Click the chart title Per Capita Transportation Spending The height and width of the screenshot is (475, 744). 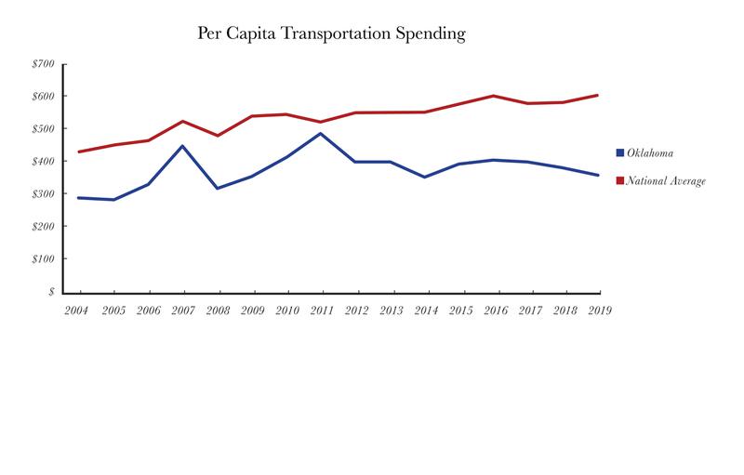(330, 34)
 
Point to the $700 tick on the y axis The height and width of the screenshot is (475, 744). (44, 64)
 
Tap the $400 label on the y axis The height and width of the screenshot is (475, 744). (44, 162)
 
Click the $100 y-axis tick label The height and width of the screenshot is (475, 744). (44, 259)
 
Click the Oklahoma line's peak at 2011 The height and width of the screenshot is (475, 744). (321, 133)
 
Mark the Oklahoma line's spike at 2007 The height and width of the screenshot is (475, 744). (182, 146)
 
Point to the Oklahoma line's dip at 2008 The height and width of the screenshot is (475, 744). (217, 189)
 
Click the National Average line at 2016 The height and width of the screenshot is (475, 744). (494, 96)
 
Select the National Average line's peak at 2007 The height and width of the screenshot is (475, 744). (182, 121)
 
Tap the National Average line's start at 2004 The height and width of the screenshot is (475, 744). (79, 152)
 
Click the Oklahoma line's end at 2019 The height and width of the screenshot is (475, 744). (598, 175)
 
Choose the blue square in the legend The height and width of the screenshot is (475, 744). (620, 152)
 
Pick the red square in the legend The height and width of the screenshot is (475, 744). (620, 181)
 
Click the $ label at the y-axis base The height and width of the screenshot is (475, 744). (51, 292)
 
